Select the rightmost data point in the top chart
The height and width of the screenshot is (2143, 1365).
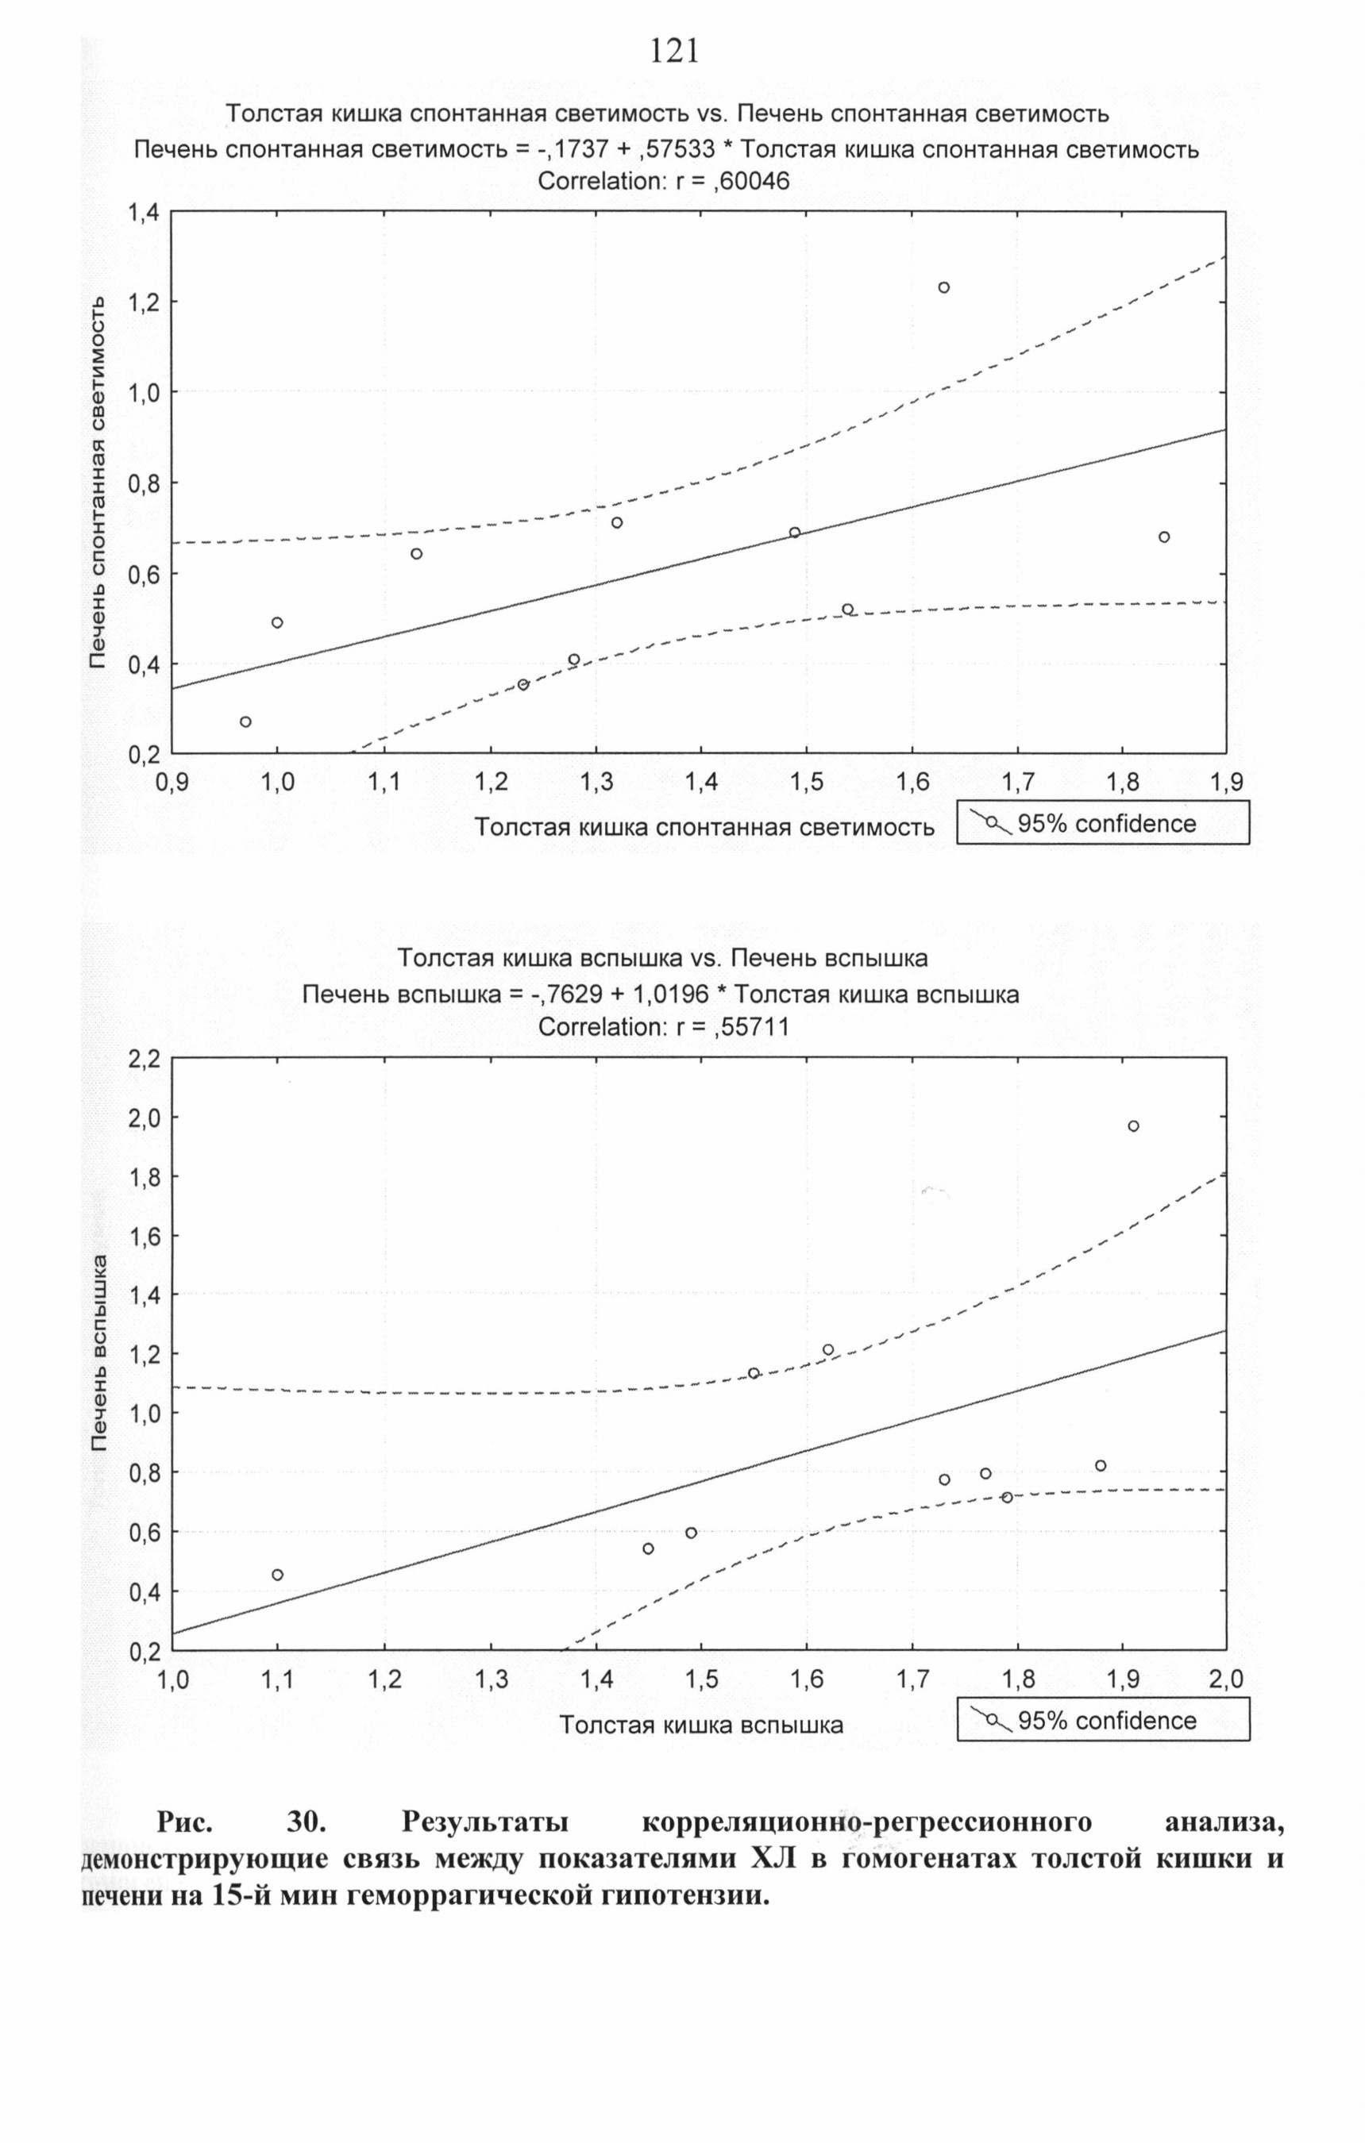pos(1164,537)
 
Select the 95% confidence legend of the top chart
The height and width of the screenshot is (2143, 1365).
pos(1102,823)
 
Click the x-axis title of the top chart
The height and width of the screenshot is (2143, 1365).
pos(704,827)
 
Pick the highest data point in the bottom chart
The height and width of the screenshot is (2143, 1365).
pos(1133,1125)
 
